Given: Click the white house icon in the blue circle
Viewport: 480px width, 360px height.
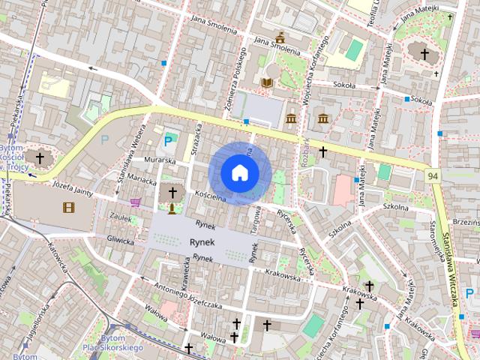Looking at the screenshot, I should pos(239,172).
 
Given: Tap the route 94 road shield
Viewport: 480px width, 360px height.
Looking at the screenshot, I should pos(433,175).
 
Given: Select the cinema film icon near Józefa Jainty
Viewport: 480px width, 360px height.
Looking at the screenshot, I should pos(69,207).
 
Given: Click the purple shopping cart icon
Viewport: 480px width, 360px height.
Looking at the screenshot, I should pos(136,202).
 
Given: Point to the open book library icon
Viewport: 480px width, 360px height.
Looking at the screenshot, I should pos(268,82).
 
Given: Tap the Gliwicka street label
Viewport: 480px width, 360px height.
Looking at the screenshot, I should pos(120,241).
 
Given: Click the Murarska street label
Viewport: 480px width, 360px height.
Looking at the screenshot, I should pos(160,160).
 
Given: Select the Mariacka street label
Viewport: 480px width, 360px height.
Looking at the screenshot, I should pos(142,181).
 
